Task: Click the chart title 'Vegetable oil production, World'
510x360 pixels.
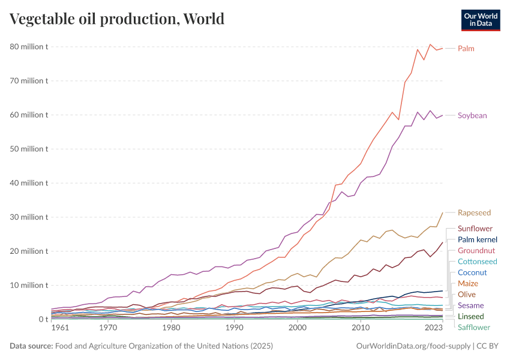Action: (x=117, y=19)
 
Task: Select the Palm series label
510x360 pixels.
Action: (x=466, y=48)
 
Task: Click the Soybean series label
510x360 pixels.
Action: (x=472, y=115)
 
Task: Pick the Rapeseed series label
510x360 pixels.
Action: (x=474, y=212)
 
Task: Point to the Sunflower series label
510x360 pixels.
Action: (x=475, y=229)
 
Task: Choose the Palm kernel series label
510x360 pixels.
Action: (x=477, y=239)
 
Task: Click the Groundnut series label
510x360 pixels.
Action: (x=476, y=250)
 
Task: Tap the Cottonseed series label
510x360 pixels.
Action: (x=477, y=262)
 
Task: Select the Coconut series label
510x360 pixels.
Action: (x=472, y=272)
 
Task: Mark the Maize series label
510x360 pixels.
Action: (x=468, y=283)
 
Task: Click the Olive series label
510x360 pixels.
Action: (x=467, y=294)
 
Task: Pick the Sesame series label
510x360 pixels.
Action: (x=470, y=305)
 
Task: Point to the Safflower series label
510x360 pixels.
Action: (x=474, y=327)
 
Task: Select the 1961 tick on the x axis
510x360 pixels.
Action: (x=60, y=328)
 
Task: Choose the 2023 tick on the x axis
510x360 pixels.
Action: (x=434, y=328)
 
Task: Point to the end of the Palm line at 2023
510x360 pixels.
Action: (x=443, y=48)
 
